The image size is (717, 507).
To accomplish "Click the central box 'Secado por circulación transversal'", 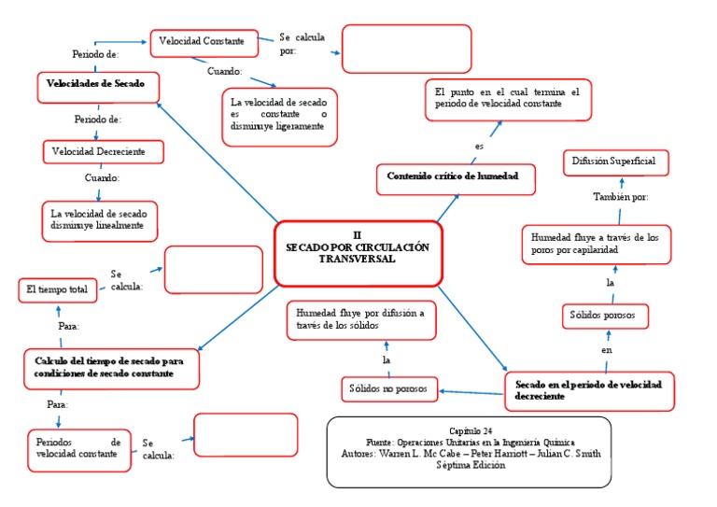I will (x=357, y=252).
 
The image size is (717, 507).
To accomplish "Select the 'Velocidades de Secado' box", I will (x=98, y=86).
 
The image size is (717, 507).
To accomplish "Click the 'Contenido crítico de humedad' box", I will (x=456, y=177).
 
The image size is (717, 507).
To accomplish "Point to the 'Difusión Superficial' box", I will (x=615, y=162).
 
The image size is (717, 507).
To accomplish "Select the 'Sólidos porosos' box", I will (x=604, y=317).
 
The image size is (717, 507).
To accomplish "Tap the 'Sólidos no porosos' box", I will (x=388, y=388).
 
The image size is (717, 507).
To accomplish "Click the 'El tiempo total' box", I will (x=58, y=291).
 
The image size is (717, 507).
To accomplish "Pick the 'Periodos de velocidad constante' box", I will (x=79, y=449).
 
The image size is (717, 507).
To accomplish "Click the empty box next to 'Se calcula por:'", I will (x=406, y=49).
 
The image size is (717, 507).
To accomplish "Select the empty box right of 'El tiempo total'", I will (x=213, y=270).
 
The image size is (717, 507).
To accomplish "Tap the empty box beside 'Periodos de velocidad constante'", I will (x=246, y=435).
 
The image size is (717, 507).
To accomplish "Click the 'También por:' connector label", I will (x=621, y=197).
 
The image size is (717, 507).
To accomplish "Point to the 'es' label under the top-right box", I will (x=479, y=147).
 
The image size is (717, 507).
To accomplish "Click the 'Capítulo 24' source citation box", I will (x=470, y=452).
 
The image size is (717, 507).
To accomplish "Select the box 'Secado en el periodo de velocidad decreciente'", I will (x=589, y=390).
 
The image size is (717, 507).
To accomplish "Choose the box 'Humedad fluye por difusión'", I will (x=359, y=320).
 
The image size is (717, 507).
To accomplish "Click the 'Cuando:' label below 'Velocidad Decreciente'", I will (x=102, y=177).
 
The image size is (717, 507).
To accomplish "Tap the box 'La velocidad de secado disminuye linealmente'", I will (x=99, y=219).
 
